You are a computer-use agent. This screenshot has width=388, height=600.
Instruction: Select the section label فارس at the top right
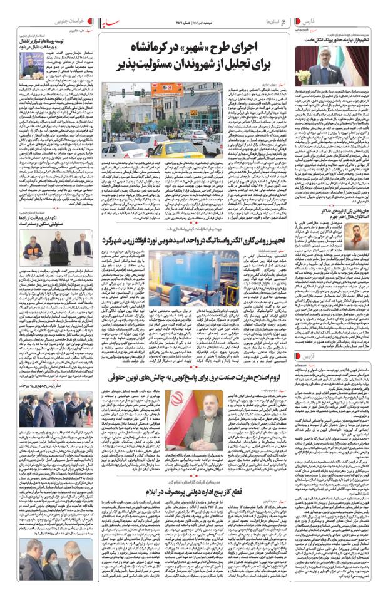[369, 22]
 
